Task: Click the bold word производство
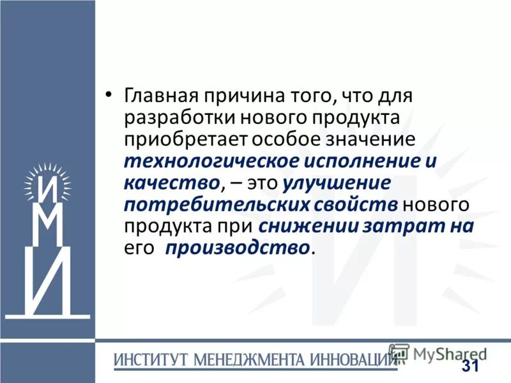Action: (237, 248)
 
